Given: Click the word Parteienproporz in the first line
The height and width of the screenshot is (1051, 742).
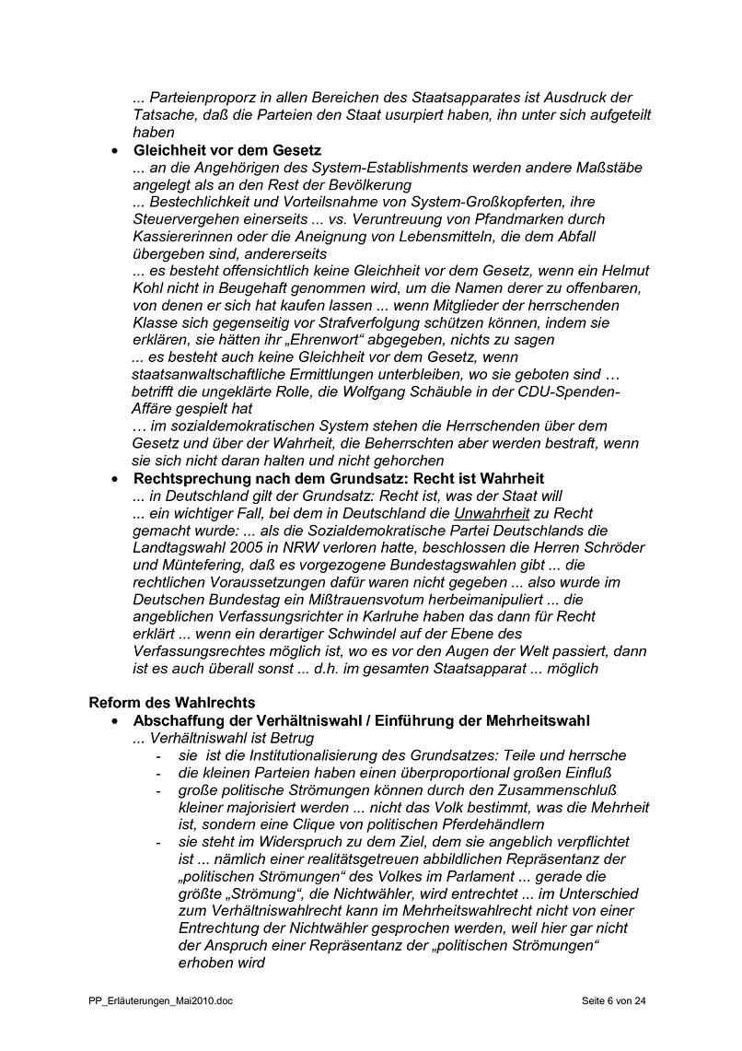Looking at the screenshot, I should [x=200, y=98].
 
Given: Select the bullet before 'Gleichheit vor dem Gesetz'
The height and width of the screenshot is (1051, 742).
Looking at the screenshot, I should [x=114, y=150].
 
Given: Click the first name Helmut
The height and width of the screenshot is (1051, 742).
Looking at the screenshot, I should [x=625, y=271].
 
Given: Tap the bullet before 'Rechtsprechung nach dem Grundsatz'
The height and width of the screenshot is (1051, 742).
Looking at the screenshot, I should [x=114, y=479].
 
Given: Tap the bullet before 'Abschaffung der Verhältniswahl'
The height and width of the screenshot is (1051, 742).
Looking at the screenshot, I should [x=114, y=720].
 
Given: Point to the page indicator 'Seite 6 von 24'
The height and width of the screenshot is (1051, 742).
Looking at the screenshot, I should [x=614, y=999].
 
